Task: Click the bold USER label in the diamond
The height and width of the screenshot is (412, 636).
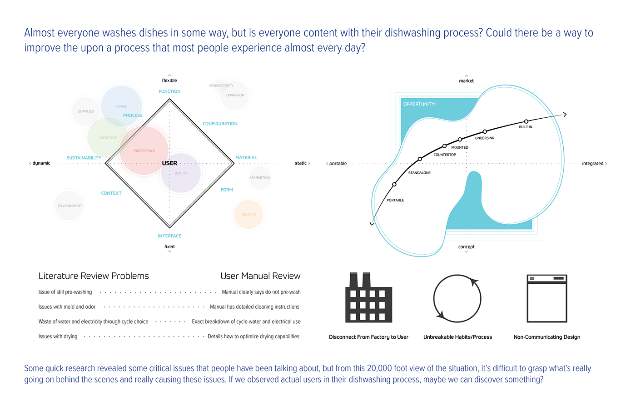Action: point(169,163)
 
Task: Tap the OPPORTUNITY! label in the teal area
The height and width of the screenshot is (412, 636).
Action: point(419,104)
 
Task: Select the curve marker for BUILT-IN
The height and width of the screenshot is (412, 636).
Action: point(526,121)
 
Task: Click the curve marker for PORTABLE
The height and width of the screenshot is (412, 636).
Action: point(394,184)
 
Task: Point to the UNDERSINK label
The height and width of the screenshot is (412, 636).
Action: point(485,138)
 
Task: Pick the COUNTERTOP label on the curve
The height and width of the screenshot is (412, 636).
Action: point(445,155)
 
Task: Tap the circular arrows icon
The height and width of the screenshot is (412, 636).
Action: point(457,298)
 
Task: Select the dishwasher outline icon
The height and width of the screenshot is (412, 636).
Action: point(547,298)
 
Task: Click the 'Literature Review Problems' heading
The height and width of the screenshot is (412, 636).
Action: point(94,276)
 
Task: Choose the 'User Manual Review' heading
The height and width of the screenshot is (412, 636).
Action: point(260,276)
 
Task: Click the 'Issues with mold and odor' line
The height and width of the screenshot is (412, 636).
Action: point(67,307)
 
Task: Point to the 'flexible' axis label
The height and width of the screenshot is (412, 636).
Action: point(169,80)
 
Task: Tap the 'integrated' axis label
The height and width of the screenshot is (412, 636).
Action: point(593,164)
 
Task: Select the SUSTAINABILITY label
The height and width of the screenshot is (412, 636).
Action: point(84,158)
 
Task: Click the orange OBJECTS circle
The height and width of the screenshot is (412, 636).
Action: point(248,214)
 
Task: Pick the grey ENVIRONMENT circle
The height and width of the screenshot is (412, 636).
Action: point(70,206)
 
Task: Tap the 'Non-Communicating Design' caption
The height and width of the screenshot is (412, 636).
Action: point(547,337)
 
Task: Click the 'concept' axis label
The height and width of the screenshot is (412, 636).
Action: point(466,247)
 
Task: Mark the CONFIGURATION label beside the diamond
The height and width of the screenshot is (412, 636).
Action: point(220,124)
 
